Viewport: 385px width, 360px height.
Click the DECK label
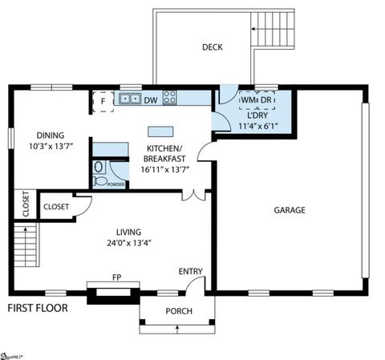pyautogui.click(x=213, y=47)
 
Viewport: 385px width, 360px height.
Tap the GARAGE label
pyautogui.click(x=290, y=210)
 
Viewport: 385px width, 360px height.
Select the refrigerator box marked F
pyautogui.click(x=103, y=102)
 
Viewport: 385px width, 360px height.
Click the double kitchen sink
pyautogui.click(x=130, y=99)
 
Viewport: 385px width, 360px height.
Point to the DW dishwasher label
pyautogui.click(x=151, y=100)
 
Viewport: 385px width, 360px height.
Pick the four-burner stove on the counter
pyautogui.click(x=170, y=98)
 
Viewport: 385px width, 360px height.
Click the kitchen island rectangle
pyautogui.click(x=160, y=131)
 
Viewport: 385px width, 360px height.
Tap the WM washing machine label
pyautogui.click(x=249, y=100)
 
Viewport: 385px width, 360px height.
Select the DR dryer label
pyautogui.click(x=266, y=100)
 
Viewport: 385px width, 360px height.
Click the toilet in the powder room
pyautogui.click(x=99, y=181)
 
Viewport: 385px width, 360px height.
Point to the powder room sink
pyautogui.click(x=99, y=168)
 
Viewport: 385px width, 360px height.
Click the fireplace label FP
pyautogui.click(x=117, y=277)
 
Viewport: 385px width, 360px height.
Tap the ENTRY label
pyautogui.click(x=191, y=272)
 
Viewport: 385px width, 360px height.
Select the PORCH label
pyautogui.click(x=179, y=311)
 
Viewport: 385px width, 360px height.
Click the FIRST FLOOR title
pyautogui.click(x=38, y=308)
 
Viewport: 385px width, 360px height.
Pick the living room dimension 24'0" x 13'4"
pyautogui.click(x=129, y=243)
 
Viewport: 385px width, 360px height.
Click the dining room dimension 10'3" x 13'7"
pyautogui.click(x=51, y=146)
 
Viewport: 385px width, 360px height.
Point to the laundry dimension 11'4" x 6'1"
pyautogui.click(x=258, y=126)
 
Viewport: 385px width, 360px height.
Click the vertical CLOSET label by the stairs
pyautogui.click(x=26, y=204)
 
